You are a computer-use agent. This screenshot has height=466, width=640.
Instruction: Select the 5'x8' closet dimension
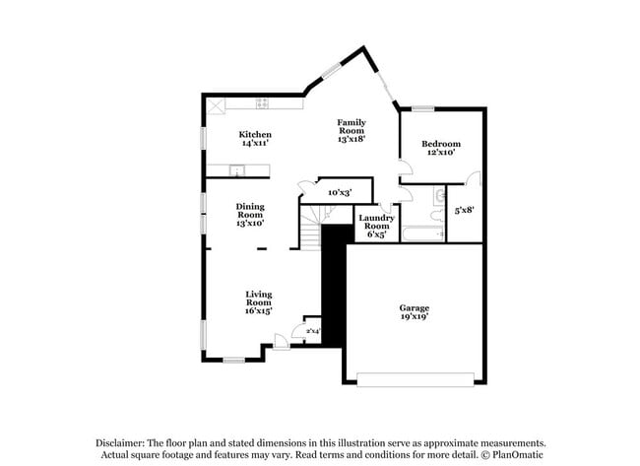point(465,210)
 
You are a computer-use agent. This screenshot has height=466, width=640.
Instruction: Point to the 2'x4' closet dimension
point(312,331)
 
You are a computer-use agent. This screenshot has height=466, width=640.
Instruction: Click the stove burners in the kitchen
point(263,102)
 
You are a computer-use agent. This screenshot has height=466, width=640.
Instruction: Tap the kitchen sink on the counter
point(236,172)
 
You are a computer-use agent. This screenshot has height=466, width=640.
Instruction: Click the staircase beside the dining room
point(311,232)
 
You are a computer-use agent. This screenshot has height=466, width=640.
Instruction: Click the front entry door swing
point(281,341)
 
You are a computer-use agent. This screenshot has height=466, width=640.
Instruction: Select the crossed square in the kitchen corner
point(214,102)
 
